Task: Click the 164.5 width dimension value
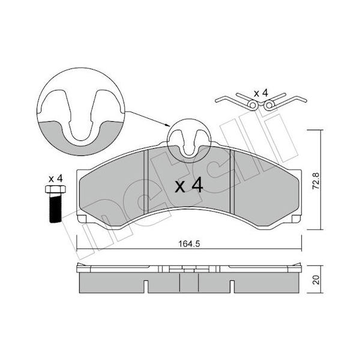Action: click(x=189, y=244)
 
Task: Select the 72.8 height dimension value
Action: click(x=316, y=181)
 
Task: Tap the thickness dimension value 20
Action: click(x=316, y=280)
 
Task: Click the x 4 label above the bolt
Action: click(x=56, y=179)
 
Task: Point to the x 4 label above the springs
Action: click(x=261, y=94)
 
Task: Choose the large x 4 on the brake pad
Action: click(x=189, y=185)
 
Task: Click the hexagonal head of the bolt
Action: click(x=56, y=189)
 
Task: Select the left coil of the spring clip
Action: click(x=253, y=106)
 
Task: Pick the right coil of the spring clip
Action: click(x=269, y=105)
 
